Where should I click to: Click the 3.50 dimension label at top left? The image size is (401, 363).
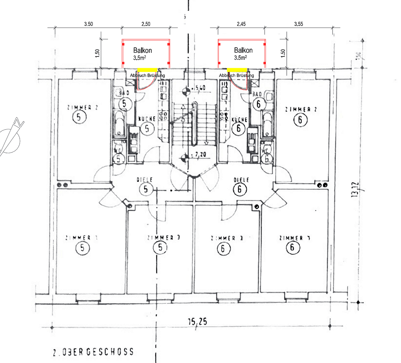(x=88, y=24)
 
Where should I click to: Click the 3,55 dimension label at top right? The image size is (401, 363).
(x=298, y=24)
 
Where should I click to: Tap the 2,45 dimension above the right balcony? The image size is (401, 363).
(x=241, y=24)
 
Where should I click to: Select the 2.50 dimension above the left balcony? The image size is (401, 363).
(x=146, y=24)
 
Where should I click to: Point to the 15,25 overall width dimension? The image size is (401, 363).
(x=197, y=322)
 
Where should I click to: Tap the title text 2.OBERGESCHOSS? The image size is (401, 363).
(x=93, y=352)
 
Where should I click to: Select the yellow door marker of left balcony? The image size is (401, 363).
(x=147, y=69)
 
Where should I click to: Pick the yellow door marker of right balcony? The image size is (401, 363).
(x=237, y=69)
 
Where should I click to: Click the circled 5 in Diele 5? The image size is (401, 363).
(x=146, y=189)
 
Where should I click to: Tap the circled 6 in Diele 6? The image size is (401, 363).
(x=239, y=189)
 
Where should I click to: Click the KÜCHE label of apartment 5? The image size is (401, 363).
(x=147, y=119)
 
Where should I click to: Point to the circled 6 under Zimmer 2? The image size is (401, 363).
(x=300, y=120)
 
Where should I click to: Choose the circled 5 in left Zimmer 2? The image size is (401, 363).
(x=79, y=117)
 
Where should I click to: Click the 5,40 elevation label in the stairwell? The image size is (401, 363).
(x=198, y=88)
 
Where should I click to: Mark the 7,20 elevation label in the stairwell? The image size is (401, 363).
(x=199, y=155)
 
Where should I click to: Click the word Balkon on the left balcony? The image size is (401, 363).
(x=143, y=50)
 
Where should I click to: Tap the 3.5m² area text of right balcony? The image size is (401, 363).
(x=241, y=58)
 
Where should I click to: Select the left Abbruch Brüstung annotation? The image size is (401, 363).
(x=147, y=76)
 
